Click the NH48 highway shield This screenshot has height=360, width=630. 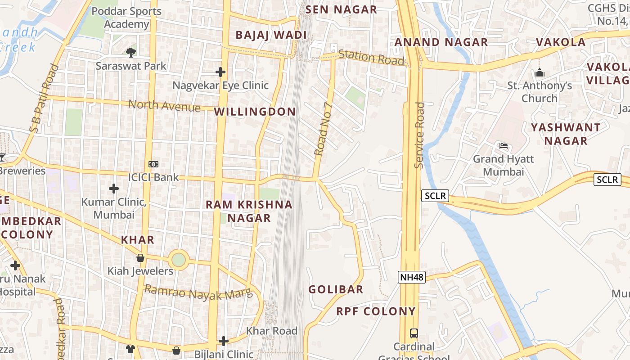pyautogui.click(x=412, y=277)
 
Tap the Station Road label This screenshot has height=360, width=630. pyautogui.click(x=371, y=57)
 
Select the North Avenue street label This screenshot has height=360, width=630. pyautogui.click(x=164, y=106)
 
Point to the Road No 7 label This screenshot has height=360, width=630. pyautogui.click(x=323, y=129)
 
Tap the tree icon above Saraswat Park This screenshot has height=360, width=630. pyautogui.click(x=130, y=53)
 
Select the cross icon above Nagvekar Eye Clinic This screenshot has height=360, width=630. pyautogui.click(x=220, y=72)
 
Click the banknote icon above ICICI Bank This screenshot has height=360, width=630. pyautogui.click(x=153, y=164)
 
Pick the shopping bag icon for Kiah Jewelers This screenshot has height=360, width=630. pyautogui.click(x=140, y=258)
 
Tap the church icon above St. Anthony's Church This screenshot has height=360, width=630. pyautogui.click(x=540, y=72)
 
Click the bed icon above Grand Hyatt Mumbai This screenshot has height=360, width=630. pyautogui.click(x=503, y=146)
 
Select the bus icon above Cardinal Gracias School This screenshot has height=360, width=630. pyautogui.click(x=414, y=333)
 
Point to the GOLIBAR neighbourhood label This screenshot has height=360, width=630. pyautogui.click(x=336, y=289)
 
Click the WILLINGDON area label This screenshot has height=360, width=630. pyautogui.click(x=255, y=112)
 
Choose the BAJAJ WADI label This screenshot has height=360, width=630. pyautogui.click(x=271, y=35)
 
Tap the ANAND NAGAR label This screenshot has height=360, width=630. pyautogui.click(x=441, y=42)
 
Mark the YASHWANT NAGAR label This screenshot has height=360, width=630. pyautogui.click(x=566, y=134)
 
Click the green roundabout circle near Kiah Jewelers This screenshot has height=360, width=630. pyautogui.click(x=178, y=260)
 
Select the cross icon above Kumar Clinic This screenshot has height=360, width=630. pyautogui.click(x=114, y=188)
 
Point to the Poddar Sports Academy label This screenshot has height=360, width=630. pyautogui.click(x=126, y=18)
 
